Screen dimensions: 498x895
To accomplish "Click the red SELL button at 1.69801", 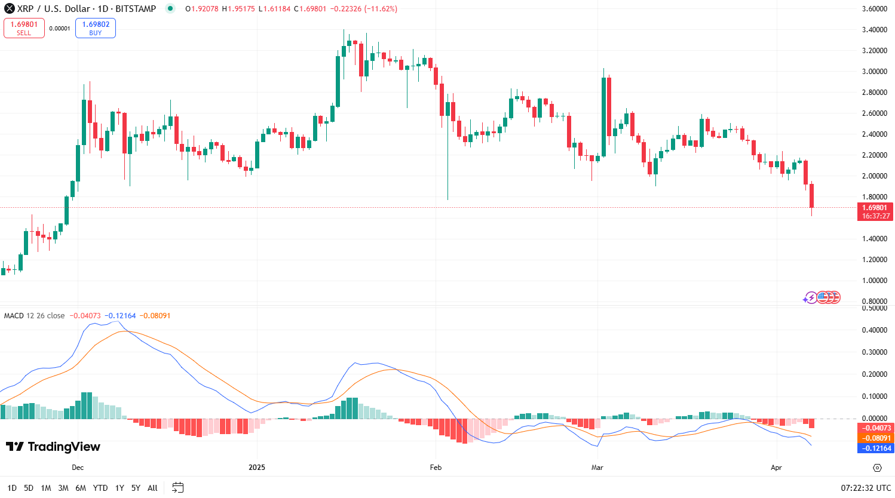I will (x=24, y=28).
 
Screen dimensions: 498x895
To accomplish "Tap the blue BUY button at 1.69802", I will (x=96, y=28).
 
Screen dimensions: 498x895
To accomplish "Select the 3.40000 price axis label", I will (x=874, y=30).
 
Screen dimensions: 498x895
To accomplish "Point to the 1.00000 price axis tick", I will (x=874, y=281).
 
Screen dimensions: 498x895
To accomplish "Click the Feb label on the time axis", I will (x=436, y=468).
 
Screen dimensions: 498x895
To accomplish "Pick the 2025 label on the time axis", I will (x=257, y=468).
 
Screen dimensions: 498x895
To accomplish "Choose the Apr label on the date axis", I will (x=776, y=468).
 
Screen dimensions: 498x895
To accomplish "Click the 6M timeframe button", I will (x=81, y=488).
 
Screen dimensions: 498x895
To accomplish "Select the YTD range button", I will (x=100, y=488).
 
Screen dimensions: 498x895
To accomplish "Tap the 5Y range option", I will (x=136, y=488).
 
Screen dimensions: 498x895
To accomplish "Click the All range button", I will (x=152, y=488).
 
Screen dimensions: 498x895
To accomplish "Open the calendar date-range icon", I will (x=177, y=488).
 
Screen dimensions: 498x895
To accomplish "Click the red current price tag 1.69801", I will (x=875, y=211).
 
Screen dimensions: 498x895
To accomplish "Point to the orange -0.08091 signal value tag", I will (x=875, y=438).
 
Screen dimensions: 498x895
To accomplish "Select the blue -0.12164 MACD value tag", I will (x=875, y=448).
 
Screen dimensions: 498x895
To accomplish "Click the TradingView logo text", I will (x=53, y=447).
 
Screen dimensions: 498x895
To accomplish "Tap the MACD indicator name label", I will (x=14, y=316).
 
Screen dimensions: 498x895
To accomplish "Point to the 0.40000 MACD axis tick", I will (x=874, y=330).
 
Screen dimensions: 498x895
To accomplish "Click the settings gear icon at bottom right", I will (x=877, y=468).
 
